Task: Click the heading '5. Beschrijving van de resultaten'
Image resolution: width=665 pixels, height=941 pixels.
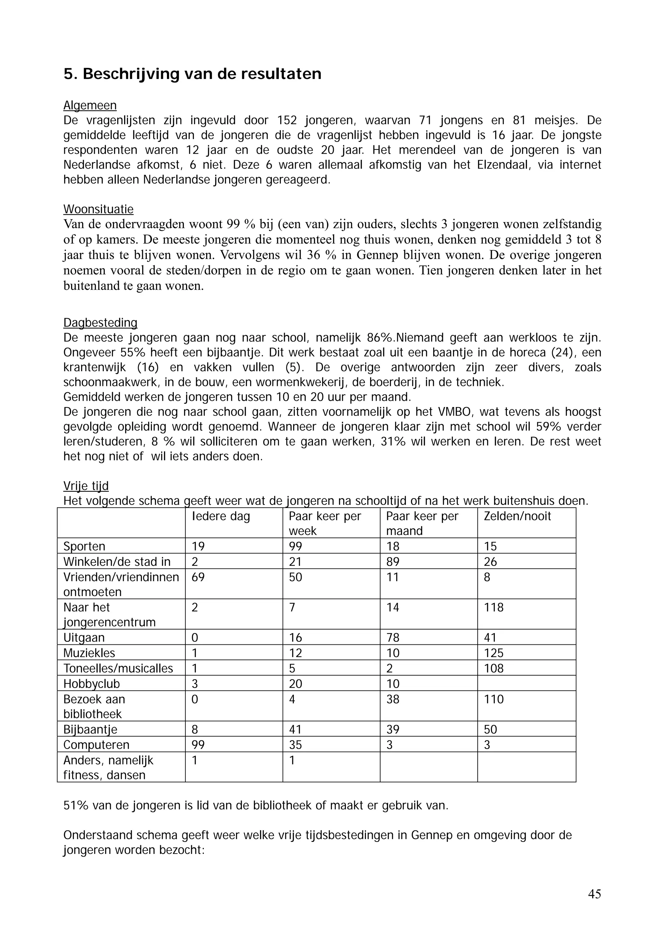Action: [192, 74]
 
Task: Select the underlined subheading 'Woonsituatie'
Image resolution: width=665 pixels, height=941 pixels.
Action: [98, 210]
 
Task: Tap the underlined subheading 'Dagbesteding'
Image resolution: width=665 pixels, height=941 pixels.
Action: [100, 323]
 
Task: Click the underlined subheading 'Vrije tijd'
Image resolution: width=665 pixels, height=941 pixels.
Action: [86, 486]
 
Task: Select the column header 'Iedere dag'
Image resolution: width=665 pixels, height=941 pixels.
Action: [221, 516]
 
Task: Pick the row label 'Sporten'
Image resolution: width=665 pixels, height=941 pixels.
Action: [84, 546]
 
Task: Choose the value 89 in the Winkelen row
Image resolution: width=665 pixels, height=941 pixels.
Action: [393, 562]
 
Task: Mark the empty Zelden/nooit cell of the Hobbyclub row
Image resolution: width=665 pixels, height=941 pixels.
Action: [526, 684]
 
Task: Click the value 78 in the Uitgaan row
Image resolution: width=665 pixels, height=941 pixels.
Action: [393, 638]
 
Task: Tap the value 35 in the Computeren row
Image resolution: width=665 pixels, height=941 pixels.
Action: [295, 745]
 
